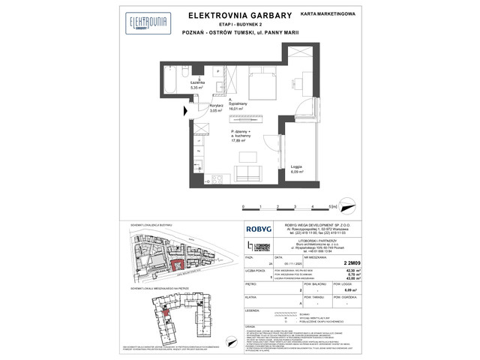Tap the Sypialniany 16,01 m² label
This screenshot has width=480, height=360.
241,105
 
